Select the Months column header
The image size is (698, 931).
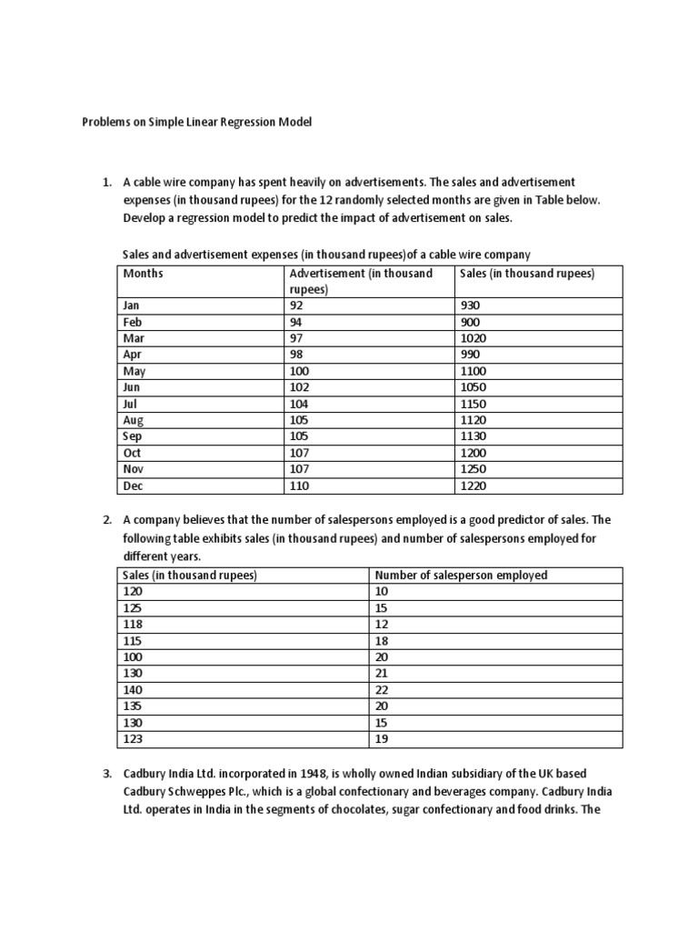pos(143,273)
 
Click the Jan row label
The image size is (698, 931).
pos(132,306)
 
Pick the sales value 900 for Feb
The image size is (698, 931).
pos(472,323)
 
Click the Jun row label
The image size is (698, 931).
pos(132,387)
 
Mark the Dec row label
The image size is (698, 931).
pos(133,486)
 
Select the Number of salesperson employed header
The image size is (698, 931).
pos(462,575)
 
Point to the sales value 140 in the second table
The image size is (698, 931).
pos(133,689)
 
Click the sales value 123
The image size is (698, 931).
pos(133,738)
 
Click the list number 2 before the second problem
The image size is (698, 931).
pos(106,520)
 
